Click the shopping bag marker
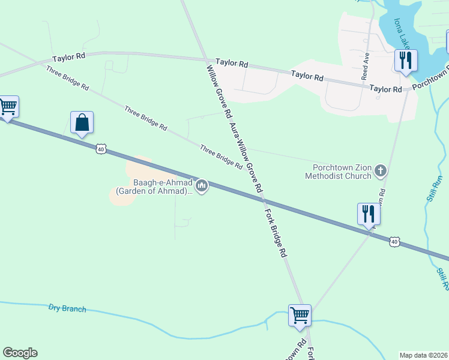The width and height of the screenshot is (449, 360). (82, 123)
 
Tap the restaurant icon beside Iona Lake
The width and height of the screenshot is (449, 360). (406, 61)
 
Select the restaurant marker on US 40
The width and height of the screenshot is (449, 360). (367, 214)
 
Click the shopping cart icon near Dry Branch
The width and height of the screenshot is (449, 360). (300, 314)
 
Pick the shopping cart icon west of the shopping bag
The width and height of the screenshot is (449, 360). (8, 107)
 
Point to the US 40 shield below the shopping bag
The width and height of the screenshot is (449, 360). (100, 149)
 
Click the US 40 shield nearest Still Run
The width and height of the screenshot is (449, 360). (394, 242)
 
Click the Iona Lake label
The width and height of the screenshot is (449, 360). (402, 34)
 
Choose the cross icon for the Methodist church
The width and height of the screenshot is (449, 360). (380, 172)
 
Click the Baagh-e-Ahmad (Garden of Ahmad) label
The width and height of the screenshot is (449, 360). (154, 187)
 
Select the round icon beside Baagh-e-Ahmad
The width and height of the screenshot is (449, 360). (202, 187)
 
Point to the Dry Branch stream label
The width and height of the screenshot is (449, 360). (67, 309)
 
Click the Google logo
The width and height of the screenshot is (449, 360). (20, 353)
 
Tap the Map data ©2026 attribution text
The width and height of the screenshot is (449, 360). (423, 355)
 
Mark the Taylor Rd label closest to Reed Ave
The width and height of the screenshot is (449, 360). (385, 89)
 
